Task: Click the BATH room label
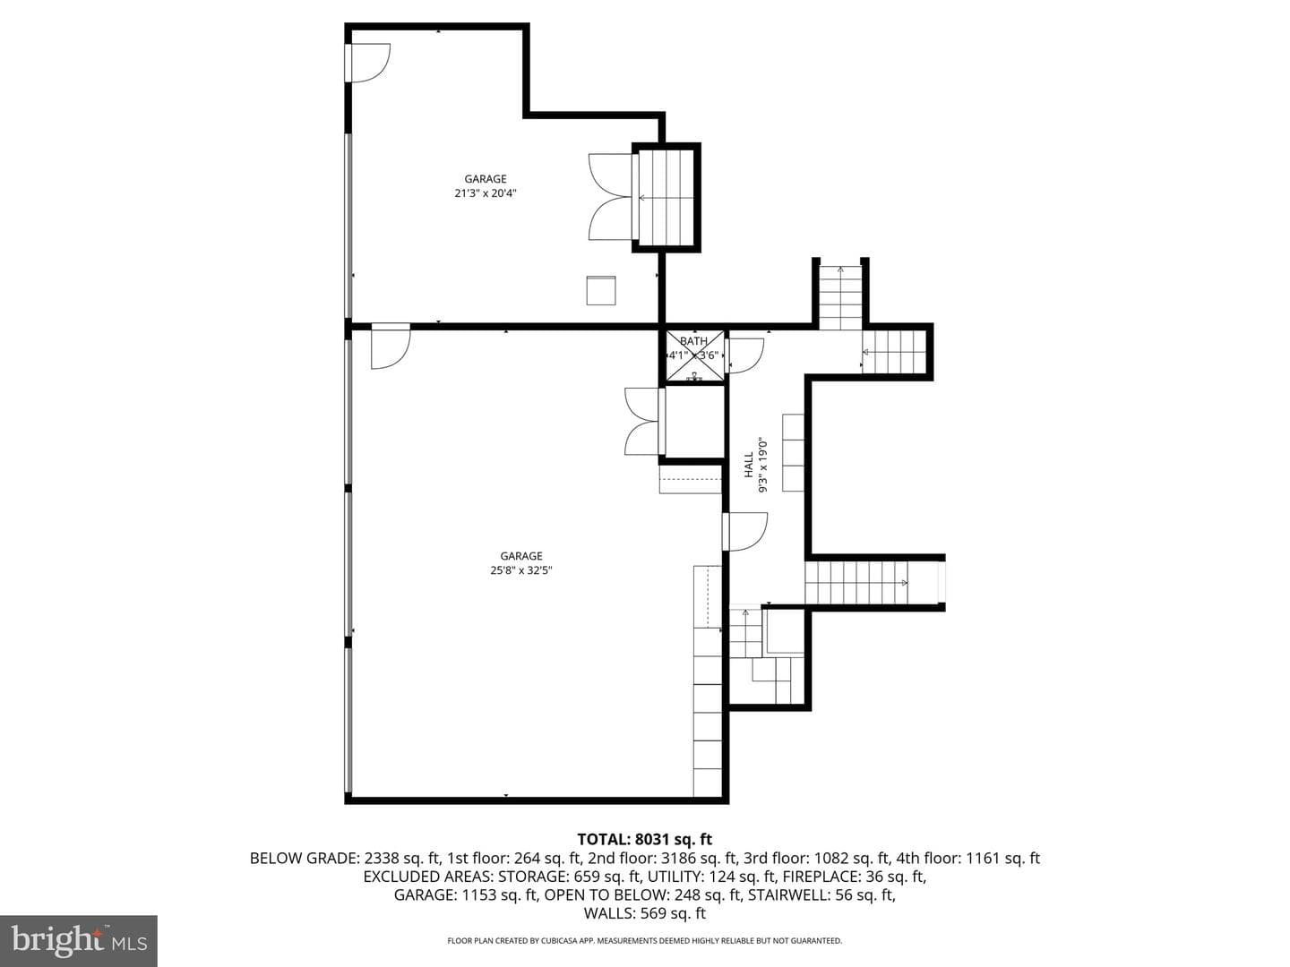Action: (x=693, y=341)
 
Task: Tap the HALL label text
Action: (x=749, y=465)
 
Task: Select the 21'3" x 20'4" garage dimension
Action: (x=486, y=193)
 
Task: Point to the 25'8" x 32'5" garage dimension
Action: (x=521, y=570)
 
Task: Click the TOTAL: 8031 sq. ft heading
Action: (x=645, y=839)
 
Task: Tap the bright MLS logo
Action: (x=79, y=941)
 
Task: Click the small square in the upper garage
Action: (x=601, y=291)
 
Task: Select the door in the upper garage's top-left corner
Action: (x=368, y=63)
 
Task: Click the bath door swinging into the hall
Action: (x=744, y=355)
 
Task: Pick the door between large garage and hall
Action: (x=744, y=532)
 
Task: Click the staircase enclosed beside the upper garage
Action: (x=666, y=198)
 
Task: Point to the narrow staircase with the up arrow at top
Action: (x=841, y=297)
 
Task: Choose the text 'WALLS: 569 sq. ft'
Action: (x=645, y=913)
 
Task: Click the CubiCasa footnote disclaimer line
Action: (x=645, y=940)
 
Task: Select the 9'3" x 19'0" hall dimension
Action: (x=763, y=465)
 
